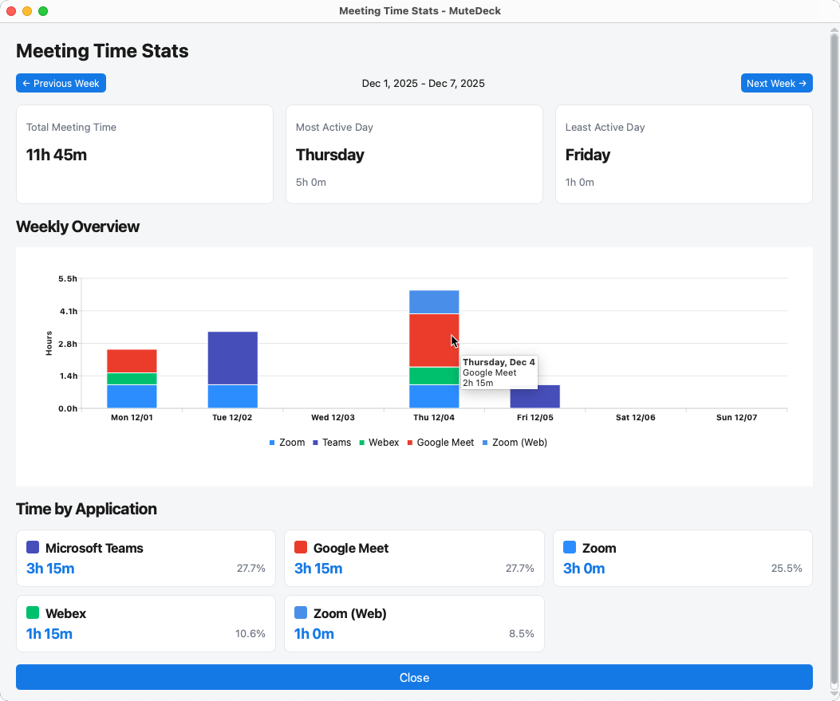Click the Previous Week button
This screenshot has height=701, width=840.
[x=61, y=83]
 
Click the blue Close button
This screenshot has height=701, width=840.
[x=414, y=677]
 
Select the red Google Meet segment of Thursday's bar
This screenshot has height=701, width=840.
[x=434, y=340]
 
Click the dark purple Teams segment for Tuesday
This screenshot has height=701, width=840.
[x=232, y=358]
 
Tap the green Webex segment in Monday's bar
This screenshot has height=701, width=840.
[x=132, y=379]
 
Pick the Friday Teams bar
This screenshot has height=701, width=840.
[x=535, y=396]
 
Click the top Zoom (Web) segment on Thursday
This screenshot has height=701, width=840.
[x=434, y=302]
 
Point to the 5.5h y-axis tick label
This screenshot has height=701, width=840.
[x=68, y=278]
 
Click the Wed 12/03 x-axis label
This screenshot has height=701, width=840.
[x=333, y=417]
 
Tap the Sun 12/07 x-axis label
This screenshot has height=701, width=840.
[x=735, y=417]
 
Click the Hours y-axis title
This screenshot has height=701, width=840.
[x=49, y=343]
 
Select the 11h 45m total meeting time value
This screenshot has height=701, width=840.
[x=57, y=155]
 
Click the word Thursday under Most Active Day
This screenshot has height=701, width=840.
[x=330, y=155]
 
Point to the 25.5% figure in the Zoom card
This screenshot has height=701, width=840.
[x=787, y=569]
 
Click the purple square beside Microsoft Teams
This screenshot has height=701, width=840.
[x=33, y=547]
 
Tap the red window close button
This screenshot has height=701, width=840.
[x=11, y=11]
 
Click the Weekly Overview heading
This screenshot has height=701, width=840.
[x=77, y=226]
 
